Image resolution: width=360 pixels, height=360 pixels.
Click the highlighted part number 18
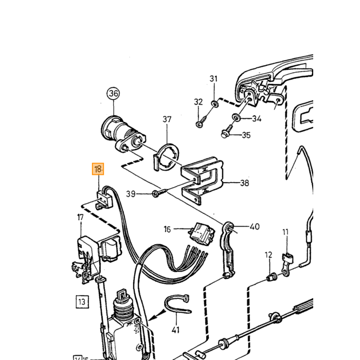98,169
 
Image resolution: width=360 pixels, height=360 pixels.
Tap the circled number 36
114,94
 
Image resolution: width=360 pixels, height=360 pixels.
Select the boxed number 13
82,301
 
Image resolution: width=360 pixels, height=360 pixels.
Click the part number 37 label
167,119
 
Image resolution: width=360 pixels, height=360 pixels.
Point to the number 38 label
244,183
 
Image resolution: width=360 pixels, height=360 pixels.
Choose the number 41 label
175,330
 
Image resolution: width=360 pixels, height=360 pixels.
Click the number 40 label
255,227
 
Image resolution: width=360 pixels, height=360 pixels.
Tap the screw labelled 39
160,193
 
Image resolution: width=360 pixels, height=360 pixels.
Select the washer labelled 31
215,103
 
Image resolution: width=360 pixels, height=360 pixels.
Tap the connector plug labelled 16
202,233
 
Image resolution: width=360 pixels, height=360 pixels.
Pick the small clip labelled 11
286,264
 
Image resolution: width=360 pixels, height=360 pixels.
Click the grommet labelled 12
272,277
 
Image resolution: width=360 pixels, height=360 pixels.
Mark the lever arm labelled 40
228,250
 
